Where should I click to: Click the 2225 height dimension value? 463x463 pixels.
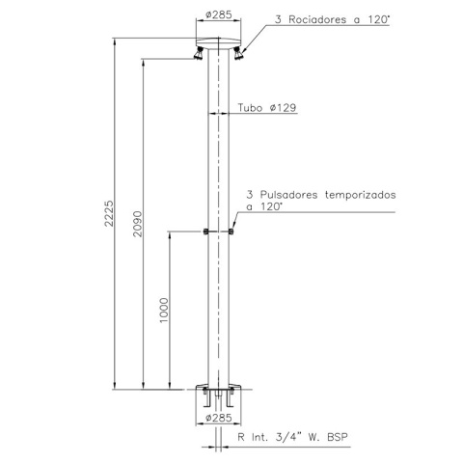coord(109,213)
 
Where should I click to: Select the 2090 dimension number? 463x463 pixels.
coord(138,224)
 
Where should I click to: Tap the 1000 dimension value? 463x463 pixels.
coord(164,311)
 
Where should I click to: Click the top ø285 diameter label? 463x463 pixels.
coord(219,14)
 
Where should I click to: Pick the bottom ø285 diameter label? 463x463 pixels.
coord(219,418)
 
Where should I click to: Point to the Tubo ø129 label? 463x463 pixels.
coord(267,107)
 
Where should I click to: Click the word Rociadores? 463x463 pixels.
coord(317,19)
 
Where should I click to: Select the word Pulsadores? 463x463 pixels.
coord(289,195)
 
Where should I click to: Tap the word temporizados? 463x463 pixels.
coord(361,195)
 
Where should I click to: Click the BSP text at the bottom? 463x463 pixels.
coord(338,437)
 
